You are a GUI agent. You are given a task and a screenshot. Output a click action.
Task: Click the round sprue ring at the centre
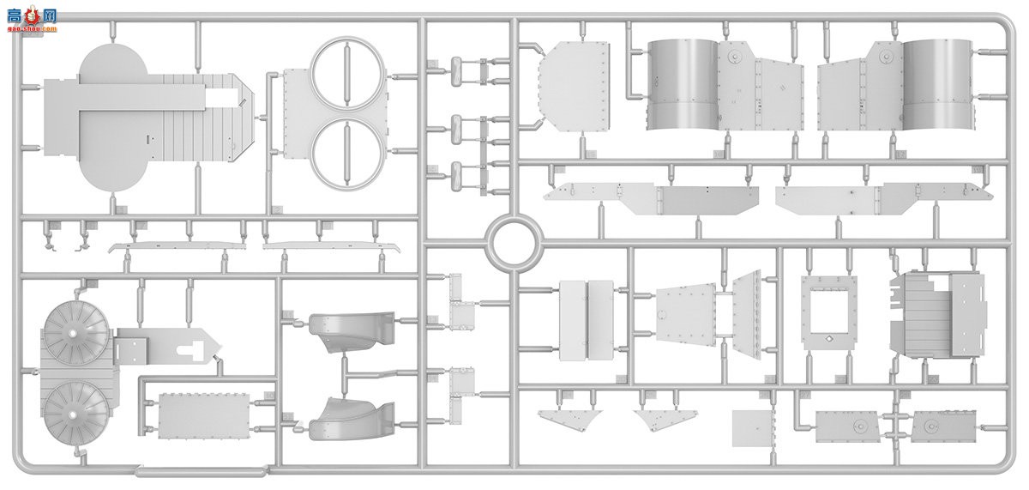(513, 241)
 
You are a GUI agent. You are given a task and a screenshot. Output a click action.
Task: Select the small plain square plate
(754, 427)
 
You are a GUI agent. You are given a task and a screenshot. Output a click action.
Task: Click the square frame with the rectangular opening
(828, 309)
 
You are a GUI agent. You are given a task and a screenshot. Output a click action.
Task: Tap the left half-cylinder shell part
(683, 84)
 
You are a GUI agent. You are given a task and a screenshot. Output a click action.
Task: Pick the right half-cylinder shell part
(937, 83)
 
